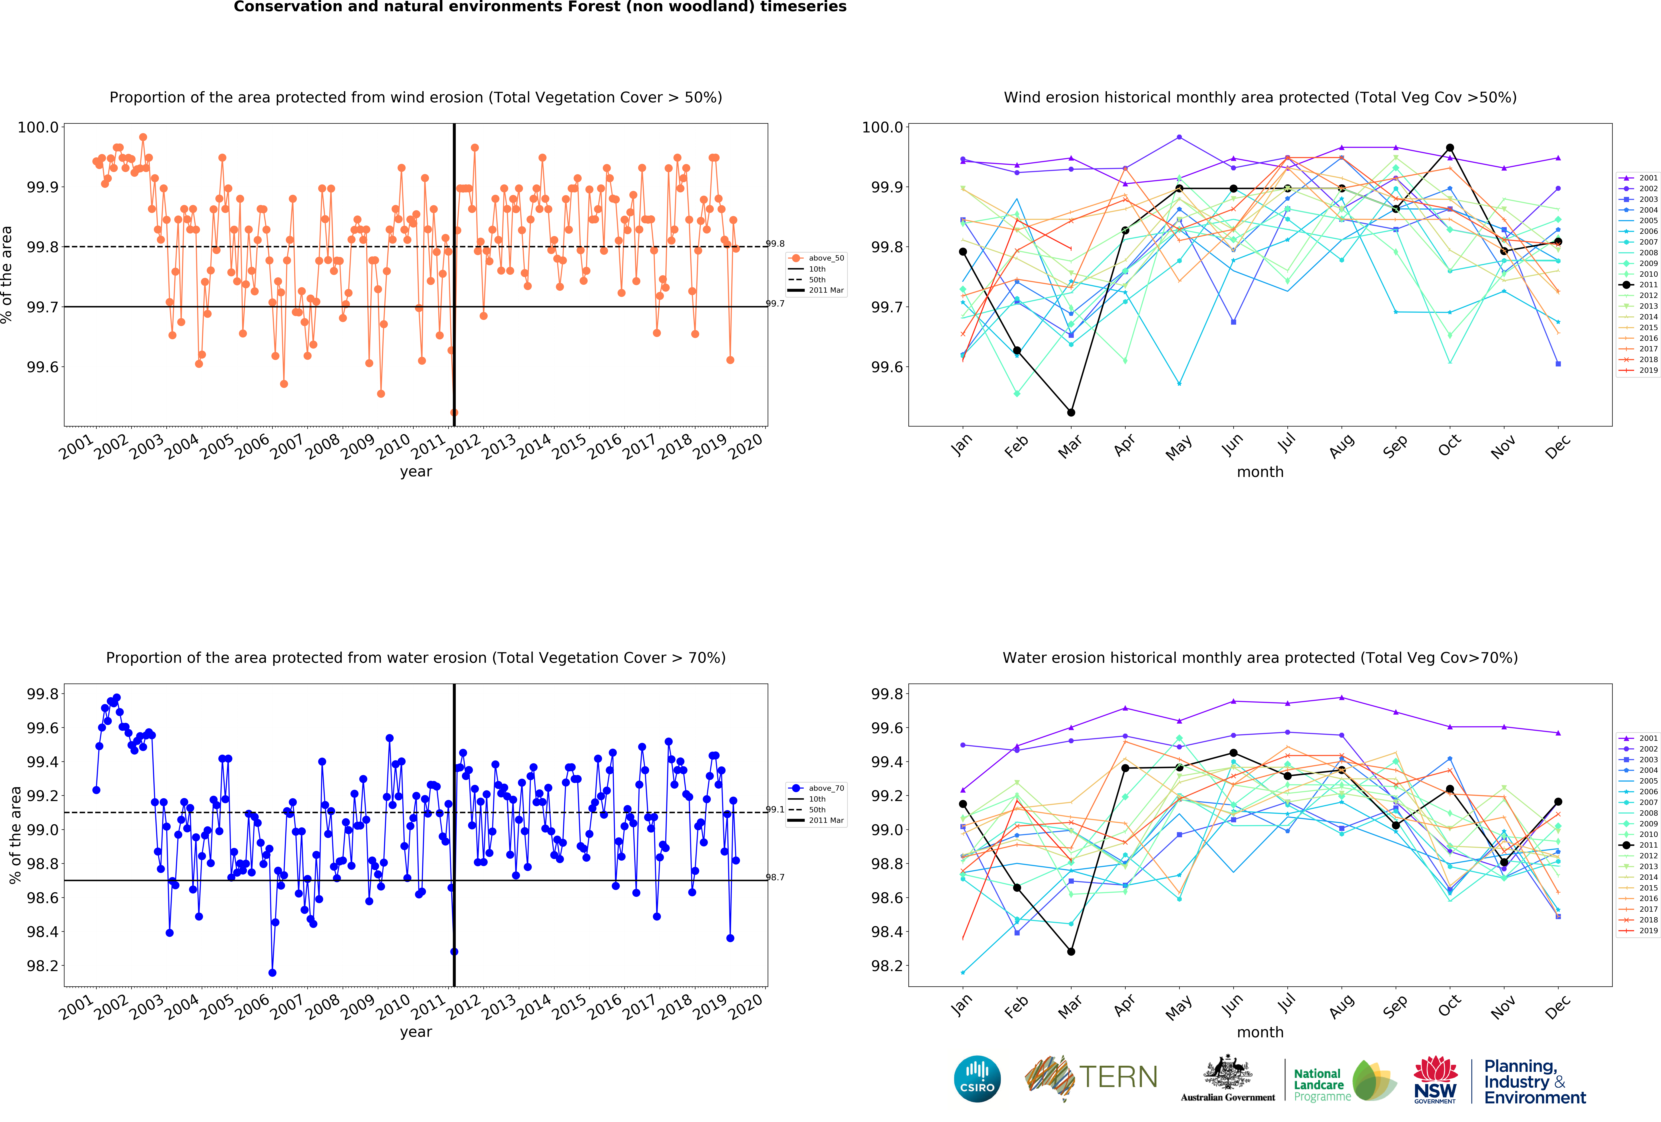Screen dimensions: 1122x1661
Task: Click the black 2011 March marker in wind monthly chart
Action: click(x=1071, y=412)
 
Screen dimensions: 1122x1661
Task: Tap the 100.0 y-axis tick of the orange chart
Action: click(x=38, y=127)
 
